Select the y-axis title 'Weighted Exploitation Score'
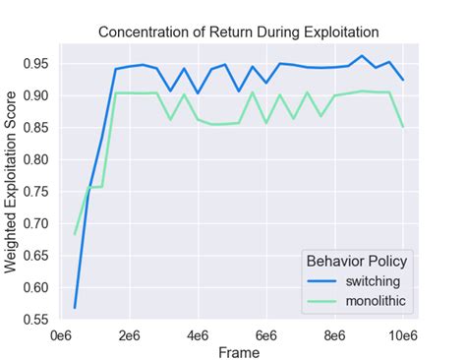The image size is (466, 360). [x=15, y=183]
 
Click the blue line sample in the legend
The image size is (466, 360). [x=323, y=280]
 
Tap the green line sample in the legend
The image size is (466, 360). [x=323, y=298]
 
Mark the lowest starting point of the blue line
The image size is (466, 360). [x=76, y=308]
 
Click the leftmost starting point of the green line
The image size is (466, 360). [x=76, y=234]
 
